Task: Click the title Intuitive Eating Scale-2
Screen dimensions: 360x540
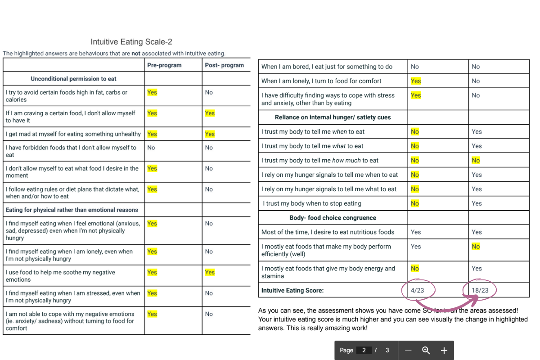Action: [x=131, y=42]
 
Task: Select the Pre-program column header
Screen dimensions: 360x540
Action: [x=164, y=65]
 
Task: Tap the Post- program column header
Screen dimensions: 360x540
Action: [x=224, y=65]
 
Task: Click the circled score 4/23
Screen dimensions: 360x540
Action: [x=417, y=290]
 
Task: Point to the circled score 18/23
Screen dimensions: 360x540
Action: [x=480, y=290]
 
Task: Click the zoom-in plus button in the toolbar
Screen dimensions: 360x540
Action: [x=444, y=351]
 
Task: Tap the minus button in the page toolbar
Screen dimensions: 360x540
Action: [x=408, y=351]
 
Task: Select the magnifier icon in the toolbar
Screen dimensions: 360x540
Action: [x=426, y=351]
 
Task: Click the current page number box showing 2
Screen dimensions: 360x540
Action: [x=364, y=351]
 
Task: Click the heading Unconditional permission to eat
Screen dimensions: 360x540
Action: [x=73, y=79]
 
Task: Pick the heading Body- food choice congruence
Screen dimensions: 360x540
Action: [x=333, y=218]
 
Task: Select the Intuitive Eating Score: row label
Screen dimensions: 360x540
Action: [x=292, y=290]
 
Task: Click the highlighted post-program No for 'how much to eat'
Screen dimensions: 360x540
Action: [x=476, y=160]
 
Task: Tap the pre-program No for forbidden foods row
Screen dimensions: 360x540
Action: [x=151, y=148]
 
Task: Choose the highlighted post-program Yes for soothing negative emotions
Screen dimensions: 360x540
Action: [x=210, y=272]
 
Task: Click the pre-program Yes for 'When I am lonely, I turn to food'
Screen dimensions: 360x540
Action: [x=416, y=81]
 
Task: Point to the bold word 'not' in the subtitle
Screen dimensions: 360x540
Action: [x=136, y=53]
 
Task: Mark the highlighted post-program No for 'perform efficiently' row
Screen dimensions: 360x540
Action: [x=476, y=247]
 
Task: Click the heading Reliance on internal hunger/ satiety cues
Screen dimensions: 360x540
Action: [x=333, y=117]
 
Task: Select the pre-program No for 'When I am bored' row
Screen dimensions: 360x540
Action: [x=415, y=67]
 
